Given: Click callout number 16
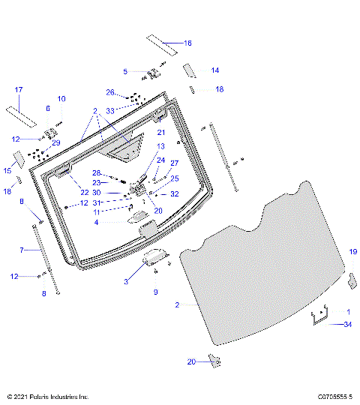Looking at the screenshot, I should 187,43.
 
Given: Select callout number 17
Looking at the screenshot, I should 19,91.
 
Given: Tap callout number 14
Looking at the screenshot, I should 215,70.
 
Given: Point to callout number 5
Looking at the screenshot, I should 125,71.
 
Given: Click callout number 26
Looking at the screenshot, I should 109,93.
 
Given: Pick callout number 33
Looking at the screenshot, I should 109,110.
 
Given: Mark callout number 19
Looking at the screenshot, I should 353,253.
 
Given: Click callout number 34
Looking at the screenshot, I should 346,325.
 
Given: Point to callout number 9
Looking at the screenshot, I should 155,291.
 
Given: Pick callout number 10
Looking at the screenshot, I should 61,99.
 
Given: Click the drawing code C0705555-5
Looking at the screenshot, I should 334,396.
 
